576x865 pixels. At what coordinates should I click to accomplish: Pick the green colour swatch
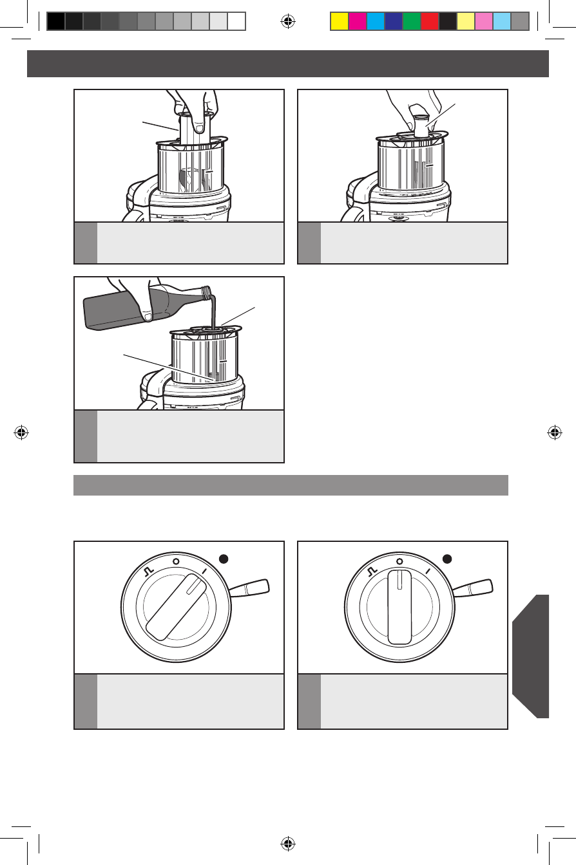[x=411, y=22]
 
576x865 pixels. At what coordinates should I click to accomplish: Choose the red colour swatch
[x=429, y=22]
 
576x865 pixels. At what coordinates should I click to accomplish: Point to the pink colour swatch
[x=483, y=22]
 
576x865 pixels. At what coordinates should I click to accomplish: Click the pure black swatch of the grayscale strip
[x=56, y=22]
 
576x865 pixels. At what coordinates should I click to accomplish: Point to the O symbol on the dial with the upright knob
[x=399, y=561]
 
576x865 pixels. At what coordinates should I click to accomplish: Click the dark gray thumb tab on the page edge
[x=532, y=656]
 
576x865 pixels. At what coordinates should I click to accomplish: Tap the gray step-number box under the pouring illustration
[x=86, y=436]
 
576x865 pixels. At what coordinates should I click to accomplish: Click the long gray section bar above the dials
[x=291, y=485]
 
